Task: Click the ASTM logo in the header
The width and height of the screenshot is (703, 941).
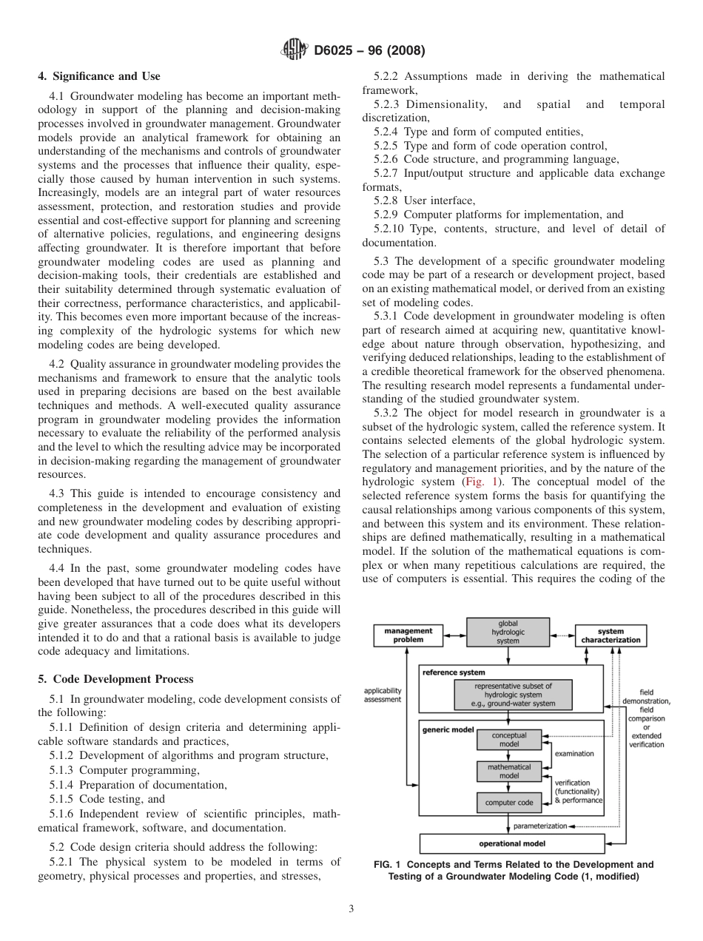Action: coord(294,50)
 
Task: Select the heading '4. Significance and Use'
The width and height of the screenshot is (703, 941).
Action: coord(99,76)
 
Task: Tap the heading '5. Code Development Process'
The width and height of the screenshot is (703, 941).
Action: coord(115,679)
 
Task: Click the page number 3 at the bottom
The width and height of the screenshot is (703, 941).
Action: coord(351,908)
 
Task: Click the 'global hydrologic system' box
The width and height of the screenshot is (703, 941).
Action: coord(508,632)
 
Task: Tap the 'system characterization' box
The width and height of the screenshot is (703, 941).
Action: coord(610,635)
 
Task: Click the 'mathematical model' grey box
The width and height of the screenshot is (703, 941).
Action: coord(508,772)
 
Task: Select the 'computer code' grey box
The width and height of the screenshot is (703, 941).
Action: coord(508,802)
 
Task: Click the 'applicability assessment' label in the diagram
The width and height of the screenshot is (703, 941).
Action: coord(383,695)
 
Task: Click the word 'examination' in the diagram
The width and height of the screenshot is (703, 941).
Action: coord(574,753)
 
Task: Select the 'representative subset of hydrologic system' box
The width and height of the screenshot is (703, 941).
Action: coord(513,695)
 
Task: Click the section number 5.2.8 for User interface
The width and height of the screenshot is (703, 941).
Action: coord(387,200)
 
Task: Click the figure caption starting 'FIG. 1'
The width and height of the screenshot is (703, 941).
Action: coord(514,870)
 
